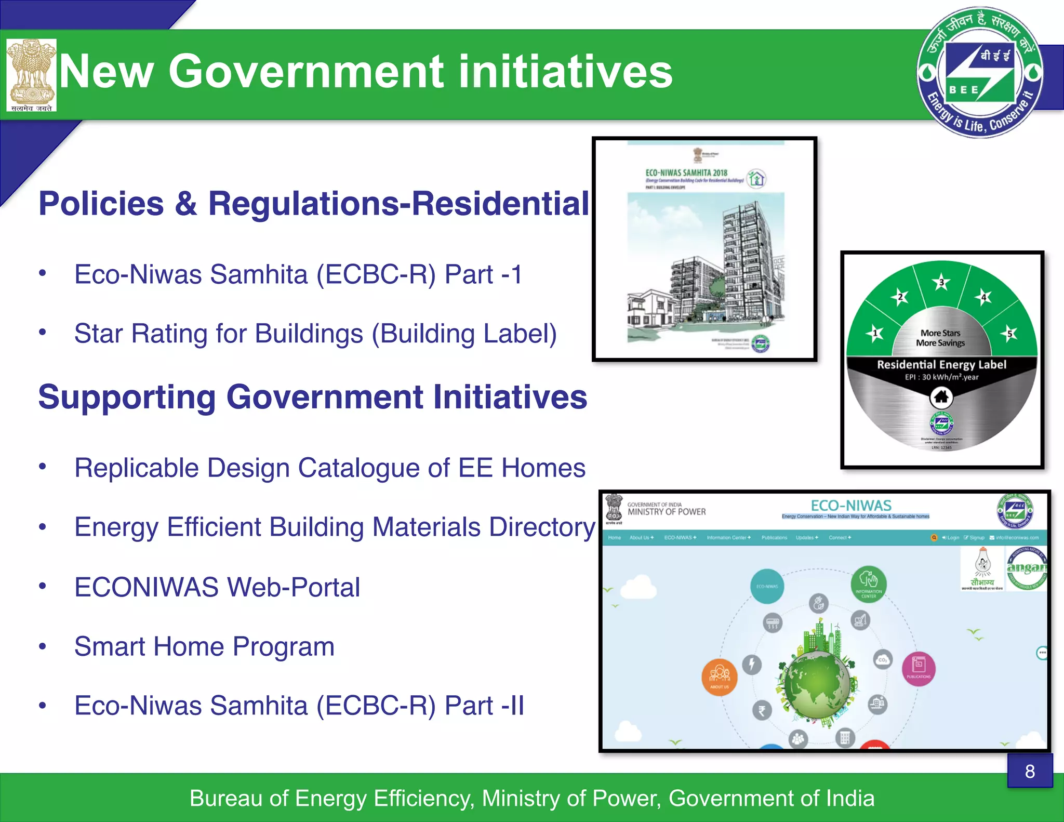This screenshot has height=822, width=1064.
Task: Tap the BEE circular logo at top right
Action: (980, 73)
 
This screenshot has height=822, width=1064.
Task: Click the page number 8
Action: (1030, 772)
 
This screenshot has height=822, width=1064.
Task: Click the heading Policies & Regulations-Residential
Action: (314, 203)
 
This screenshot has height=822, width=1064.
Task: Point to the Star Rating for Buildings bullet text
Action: (315, 334)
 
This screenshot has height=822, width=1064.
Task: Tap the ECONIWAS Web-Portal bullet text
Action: (217, 588)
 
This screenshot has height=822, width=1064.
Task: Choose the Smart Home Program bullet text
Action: (204, 647)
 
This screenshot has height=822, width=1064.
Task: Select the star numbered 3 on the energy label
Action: (941, 283)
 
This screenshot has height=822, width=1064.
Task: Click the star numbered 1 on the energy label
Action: (875, 333)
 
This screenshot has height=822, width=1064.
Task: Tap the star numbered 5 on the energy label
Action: (1009, 333)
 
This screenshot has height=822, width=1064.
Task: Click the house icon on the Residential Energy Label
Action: (941, 397)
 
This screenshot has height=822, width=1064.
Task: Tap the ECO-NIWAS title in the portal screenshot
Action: (851, 506)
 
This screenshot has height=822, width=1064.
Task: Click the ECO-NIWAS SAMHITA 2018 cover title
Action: (686, 173)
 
